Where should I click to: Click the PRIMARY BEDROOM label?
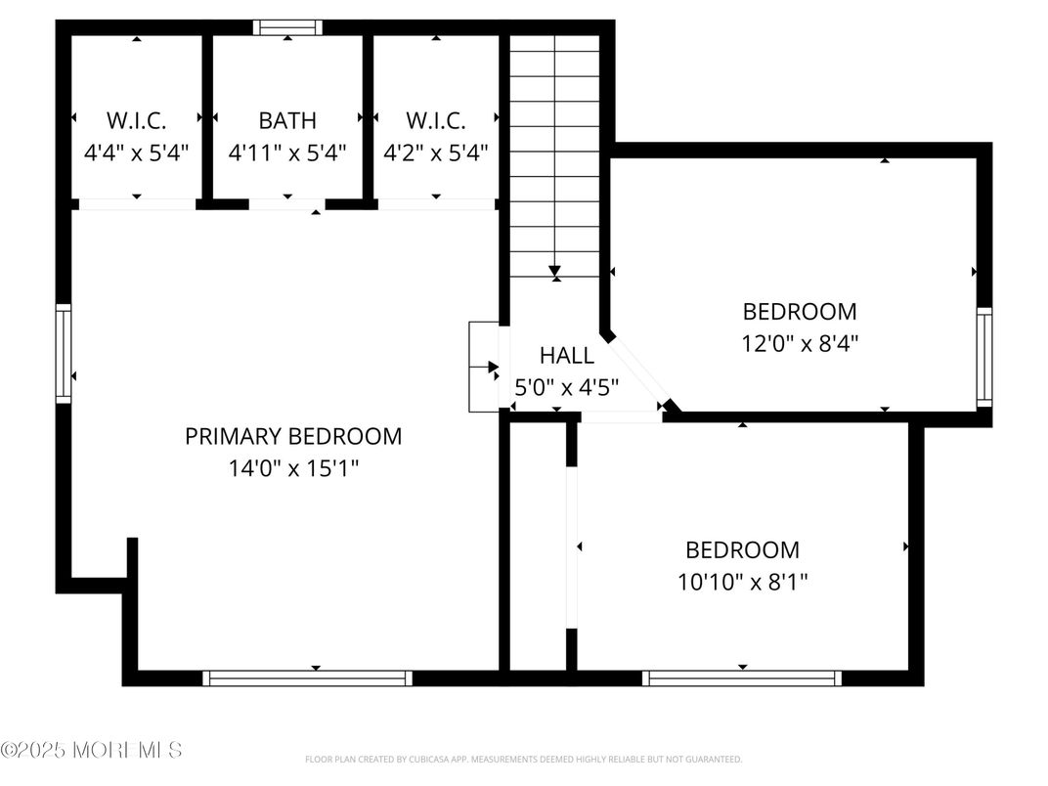coord(293,436)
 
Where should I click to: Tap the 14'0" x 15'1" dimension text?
coord(293,468)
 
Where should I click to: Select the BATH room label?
coord(287,120)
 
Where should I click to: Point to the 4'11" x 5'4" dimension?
coord(287,153)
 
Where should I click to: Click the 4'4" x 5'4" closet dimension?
coord(136,153)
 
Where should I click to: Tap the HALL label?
coord(567,356)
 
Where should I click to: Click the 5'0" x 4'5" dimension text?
coord(567,387)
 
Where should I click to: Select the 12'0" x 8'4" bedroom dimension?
coord(800,344)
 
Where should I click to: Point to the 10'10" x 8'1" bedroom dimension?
coord(742,583)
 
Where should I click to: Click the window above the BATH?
coord(287,27)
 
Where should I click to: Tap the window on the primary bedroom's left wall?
coord(64,353)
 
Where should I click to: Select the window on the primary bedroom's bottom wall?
coord(307,677)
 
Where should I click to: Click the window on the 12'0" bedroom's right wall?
coord(984,358)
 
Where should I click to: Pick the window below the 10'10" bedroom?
coord(742,677)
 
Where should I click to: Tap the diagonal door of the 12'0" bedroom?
coord(638,371)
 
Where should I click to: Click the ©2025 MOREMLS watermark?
coord(91,751)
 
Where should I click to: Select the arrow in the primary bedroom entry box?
coord(493,367)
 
